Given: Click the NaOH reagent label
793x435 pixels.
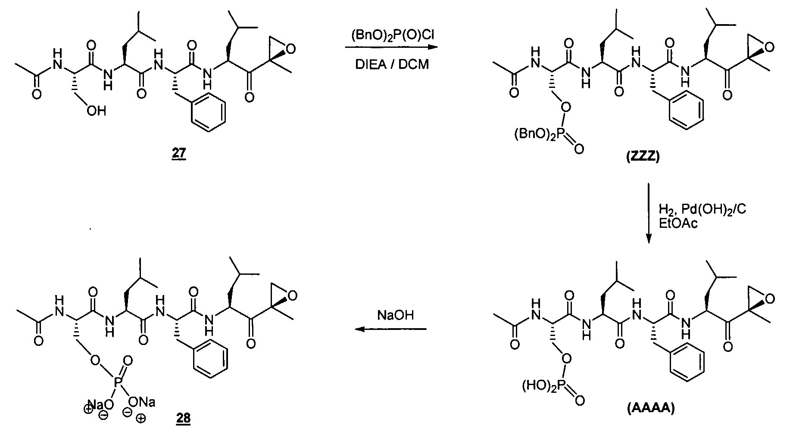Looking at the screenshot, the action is click(x=395, y=315).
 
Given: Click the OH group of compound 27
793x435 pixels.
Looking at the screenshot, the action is click(x=95, y=111).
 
